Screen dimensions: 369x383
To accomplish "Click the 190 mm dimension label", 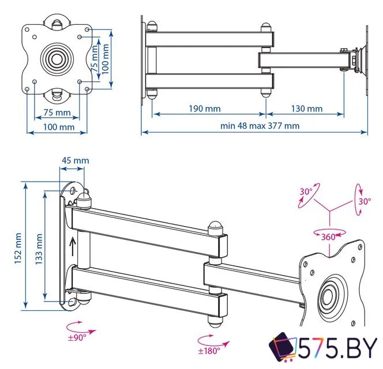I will click(x=204, y=108).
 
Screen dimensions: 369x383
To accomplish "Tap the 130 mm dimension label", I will click(x=306, y=108).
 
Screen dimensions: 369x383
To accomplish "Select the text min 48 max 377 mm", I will click(x=260, y=126).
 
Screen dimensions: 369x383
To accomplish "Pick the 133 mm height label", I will click(x=38, y=247).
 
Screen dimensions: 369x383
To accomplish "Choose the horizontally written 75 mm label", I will click(x=57, y=112).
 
